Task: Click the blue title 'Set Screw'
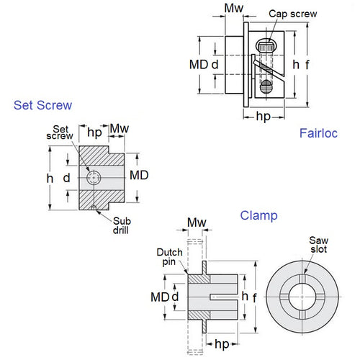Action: click(43, 105)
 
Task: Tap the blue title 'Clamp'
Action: click(258, 215)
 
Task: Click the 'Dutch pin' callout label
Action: click(171, 257)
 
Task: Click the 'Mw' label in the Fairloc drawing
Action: click(233, 9)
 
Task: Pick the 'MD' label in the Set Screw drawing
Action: click(139, 176)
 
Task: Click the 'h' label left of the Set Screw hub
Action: click(50, 176)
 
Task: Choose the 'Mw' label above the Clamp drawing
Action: click(195, 221)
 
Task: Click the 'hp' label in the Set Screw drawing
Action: click(94, 132)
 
